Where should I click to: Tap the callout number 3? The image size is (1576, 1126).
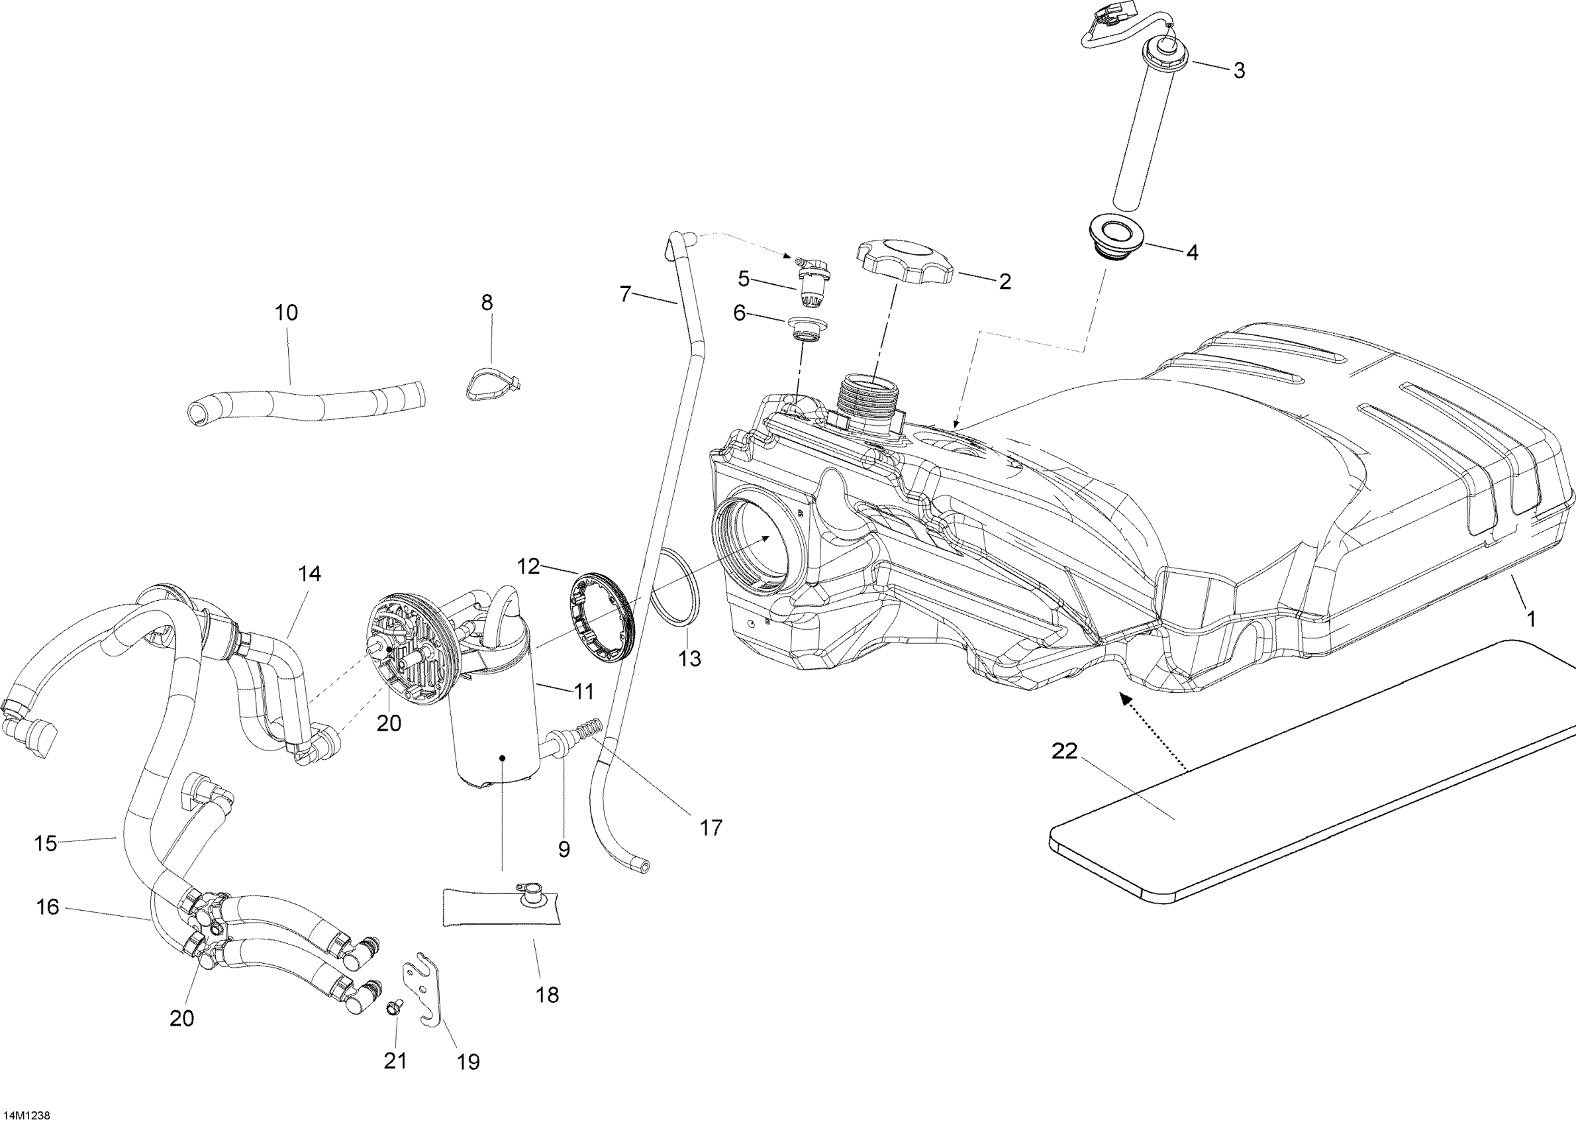pyautogui.click(x=1239, y=71)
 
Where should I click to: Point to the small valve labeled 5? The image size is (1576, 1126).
pyautogui.click(x=812, y=283)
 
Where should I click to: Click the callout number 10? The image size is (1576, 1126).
pyautogui.click(x=286, y=313)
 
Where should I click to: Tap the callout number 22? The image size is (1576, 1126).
pyautogui.click(x=1065, y=751)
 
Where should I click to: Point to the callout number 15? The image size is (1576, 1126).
pyautogui.click(x=46, y=844)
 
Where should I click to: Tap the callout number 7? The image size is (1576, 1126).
pyautogui.click(x=625, y=295)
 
